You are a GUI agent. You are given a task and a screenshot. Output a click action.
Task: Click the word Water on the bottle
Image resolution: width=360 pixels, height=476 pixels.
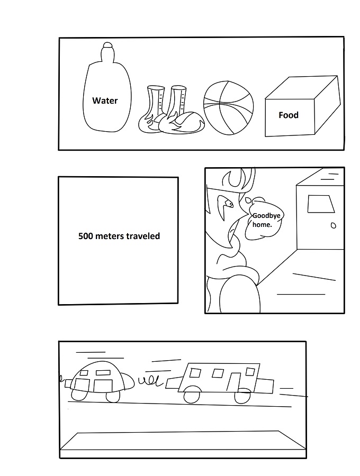[x=105, y=100]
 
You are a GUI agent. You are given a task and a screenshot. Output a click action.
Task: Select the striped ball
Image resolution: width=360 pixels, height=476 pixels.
[x=228, y=108]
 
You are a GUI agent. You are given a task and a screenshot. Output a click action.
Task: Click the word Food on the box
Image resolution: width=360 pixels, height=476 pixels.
[x=289, y=115]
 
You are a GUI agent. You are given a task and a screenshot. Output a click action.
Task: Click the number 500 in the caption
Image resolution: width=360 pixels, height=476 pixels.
[x=85, y=236]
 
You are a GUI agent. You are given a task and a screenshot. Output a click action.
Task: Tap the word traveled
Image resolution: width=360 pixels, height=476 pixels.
[x=143, y=236]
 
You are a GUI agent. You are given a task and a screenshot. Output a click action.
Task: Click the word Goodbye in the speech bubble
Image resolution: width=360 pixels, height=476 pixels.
[x=266, y=216]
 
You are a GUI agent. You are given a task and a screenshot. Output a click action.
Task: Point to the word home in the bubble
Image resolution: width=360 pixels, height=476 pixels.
[x=262, y=225]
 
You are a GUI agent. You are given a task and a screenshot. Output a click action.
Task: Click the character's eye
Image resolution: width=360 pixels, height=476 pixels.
[x=229, y=204]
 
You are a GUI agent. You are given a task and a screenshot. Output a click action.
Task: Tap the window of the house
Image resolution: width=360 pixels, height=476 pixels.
[x=321, y=204]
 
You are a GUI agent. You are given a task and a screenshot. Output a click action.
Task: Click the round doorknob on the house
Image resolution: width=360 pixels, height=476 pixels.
[x=334, y=225]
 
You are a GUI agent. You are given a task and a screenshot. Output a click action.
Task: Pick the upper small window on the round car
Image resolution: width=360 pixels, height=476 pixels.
[x=102, y=372]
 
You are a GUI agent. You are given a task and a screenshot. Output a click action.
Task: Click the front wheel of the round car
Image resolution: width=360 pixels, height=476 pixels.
[x=113, y=397]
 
